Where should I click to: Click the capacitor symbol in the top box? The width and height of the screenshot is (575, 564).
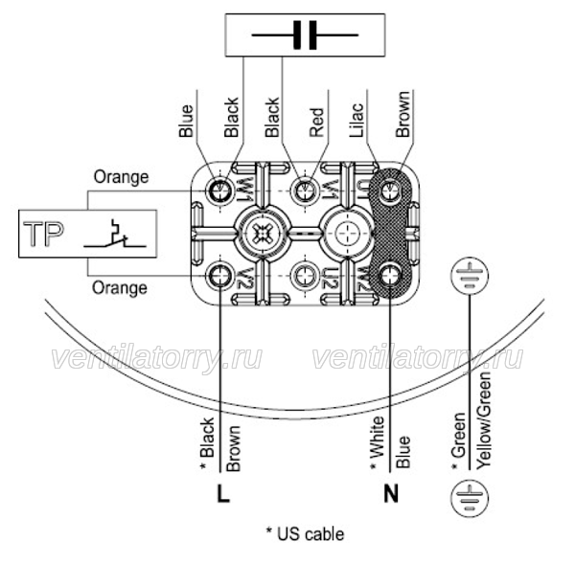click(x=305, y=35)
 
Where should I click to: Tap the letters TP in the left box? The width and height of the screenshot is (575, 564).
click(x=43, y=234)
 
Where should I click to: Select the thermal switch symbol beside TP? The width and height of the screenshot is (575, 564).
click(x=115, y=234)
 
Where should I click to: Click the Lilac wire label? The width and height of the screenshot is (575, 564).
click(x=356, y=121)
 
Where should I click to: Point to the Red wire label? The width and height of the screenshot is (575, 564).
click(x=316, y=123)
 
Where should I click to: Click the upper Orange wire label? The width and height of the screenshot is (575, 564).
click(x=122, y=177)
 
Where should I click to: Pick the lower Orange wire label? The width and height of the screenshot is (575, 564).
click(x=120, y=287)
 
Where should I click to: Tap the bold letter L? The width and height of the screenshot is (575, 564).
click(x=223, y=494)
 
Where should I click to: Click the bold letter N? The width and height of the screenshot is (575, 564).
click(x=391, y=494)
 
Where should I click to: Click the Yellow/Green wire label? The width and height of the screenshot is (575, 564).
click(x=484, y=420)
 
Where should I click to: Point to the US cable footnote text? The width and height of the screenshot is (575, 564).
click(x=305, y=534)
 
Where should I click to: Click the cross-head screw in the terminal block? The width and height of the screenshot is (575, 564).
click(x=262, y=234)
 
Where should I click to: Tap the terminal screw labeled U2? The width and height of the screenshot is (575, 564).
click(x=304, y=276)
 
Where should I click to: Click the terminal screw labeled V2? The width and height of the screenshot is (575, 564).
click(x=219, y=276)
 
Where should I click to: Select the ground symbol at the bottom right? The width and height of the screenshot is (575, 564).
click(x=470, y=498)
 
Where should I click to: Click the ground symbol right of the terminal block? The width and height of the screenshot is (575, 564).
click(x=470, y=276)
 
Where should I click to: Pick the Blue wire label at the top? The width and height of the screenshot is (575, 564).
click(x=186, y=121)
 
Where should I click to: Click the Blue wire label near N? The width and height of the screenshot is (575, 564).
click(x=403, y=452)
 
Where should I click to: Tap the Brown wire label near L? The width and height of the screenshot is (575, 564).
click(x=233, y=448)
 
